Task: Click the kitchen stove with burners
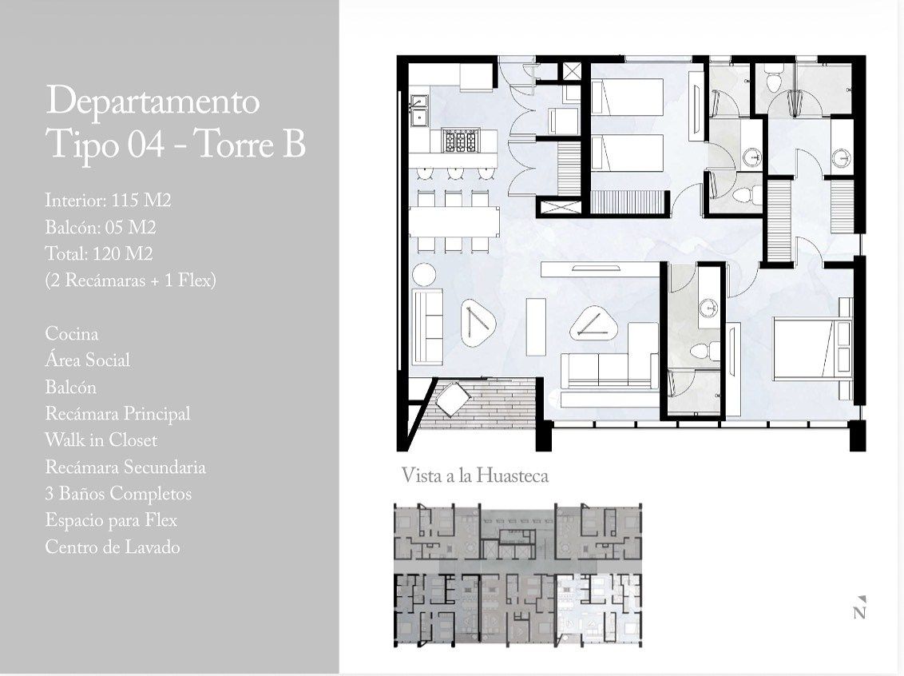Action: coord(460,141)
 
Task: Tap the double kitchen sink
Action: coord(418,110)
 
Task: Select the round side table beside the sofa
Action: coord(425,275)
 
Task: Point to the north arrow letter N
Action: coord(859,612)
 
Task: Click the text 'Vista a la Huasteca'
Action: coord(474,475)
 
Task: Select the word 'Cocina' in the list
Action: coord(72,333)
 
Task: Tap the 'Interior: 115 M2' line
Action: coord(108,200)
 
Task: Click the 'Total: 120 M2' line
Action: coord(98,253)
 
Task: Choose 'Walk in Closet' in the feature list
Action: coord(101,439)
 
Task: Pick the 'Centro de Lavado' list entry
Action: coord(113,547)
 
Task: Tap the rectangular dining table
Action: coord(455,221)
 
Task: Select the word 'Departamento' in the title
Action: coord(153,101)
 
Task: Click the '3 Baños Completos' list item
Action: coord(118,493)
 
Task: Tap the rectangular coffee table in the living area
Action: coord(536,327)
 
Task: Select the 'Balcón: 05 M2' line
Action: coord(101,227)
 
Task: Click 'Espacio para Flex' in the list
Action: coord(111,519)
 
